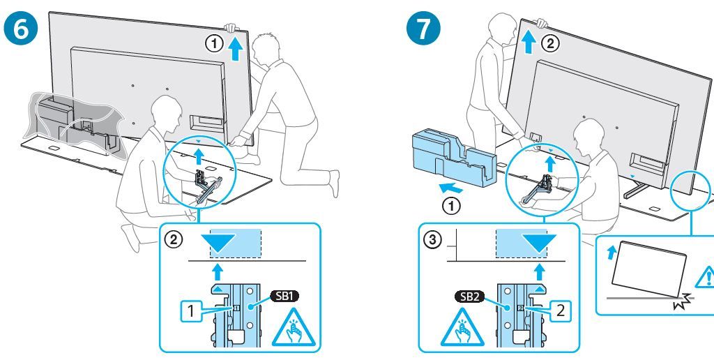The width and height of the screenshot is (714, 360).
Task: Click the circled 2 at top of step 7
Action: [551, 43]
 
